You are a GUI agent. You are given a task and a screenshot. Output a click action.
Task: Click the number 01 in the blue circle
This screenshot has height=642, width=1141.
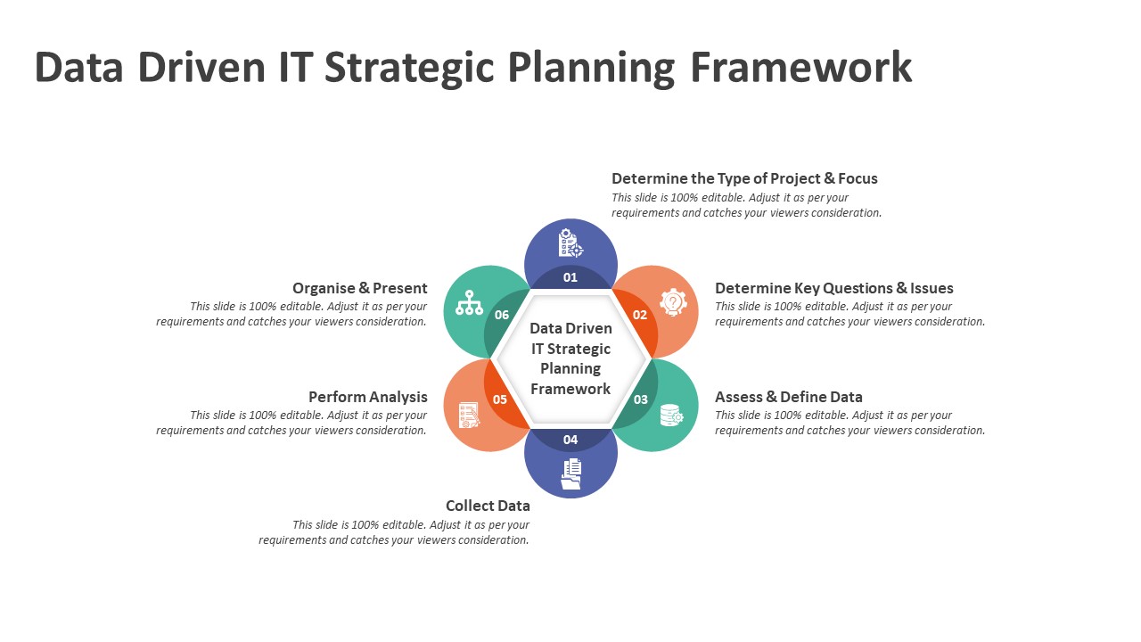click(570, 277)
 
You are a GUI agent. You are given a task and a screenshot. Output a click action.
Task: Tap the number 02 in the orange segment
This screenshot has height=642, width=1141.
click(640, 315)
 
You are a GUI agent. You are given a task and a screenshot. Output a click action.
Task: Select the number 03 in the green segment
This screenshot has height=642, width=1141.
click(640, 399)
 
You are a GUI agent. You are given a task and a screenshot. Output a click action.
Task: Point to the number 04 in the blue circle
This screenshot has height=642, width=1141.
click(570, 440)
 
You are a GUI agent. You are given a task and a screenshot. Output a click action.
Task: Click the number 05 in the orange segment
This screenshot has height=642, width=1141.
click(500, 399)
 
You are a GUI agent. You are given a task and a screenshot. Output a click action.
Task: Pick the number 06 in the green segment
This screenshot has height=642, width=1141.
click(502, 315)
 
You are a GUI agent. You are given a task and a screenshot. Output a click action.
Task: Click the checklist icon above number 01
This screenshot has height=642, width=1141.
click(570, 243)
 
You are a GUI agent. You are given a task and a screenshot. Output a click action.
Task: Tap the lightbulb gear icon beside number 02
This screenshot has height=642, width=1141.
click(673, 302)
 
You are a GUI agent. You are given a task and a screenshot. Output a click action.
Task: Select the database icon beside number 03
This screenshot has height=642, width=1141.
click(671, 415)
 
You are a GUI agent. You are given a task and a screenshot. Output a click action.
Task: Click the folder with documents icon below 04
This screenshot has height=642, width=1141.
click(571, 473)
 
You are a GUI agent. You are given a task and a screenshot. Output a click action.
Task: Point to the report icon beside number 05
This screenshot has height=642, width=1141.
click(469, 415)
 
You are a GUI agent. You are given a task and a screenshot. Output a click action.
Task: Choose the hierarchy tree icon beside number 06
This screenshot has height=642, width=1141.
click(469, 302)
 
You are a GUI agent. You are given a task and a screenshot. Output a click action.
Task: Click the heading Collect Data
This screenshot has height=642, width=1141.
click(488, 506)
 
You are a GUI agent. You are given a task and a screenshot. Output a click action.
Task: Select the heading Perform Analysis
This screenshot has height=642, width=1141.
click(368, 397)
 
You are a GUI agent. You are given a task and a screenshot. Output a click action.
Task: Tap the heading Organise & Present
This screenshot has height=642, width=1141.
click(359, 288)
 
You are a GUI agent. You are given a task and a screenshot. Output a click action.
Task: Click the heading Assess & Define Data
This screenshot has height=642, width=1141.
click(789, 397)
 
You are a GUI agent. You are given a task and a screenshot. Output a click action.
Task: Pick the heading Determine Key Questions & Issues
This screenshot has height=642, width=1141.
click(833, 288)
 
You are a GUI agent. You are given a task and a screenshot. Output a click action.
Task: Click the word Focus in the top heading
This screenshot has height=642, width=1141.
click(858, 178)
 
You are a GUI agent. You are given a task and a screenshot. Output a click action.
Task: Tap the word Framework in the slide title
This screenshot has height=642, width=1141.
click(801, 67)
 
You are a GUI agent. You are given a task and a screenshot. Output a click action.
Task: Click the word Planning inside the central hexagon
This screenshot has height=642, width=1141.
click(570, 369)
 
